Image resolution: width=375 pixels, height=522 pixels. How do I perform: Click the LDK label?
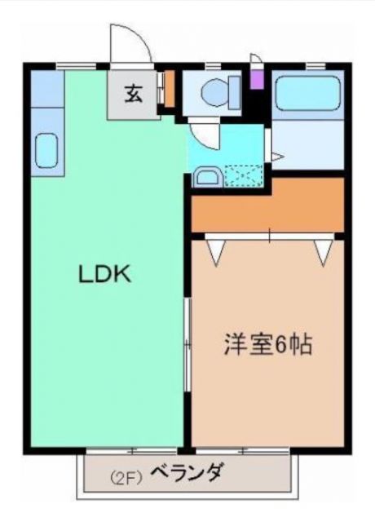[x=104, y=275]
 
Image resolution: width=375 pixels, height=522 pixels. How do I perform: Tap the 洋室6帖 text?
[x=267, y=345]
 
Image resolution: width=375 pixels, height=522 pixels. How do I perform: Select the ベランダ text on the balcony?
[x=185, y=472]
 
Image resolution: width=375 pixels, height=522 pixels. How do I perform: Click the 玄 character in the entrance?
[x=133, y=93]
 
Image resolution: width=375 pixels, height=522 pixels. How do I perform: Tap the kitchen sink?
[x=46, y=152]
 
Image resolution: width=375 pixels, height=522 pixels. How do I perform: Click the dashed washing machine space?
[x=243, y=175]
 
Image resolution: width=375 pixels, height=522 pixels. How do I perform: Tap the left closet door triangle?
[x=217, y=251]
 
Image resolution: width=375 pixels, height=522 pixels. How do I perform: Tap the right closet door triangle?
[x=324, y=251]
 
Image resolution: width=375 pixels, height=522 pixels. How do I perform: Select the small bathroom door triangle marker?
[x=277, y=156]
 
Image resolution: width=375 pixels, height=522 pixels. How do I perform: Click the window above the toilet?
[x=214, y=65]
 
